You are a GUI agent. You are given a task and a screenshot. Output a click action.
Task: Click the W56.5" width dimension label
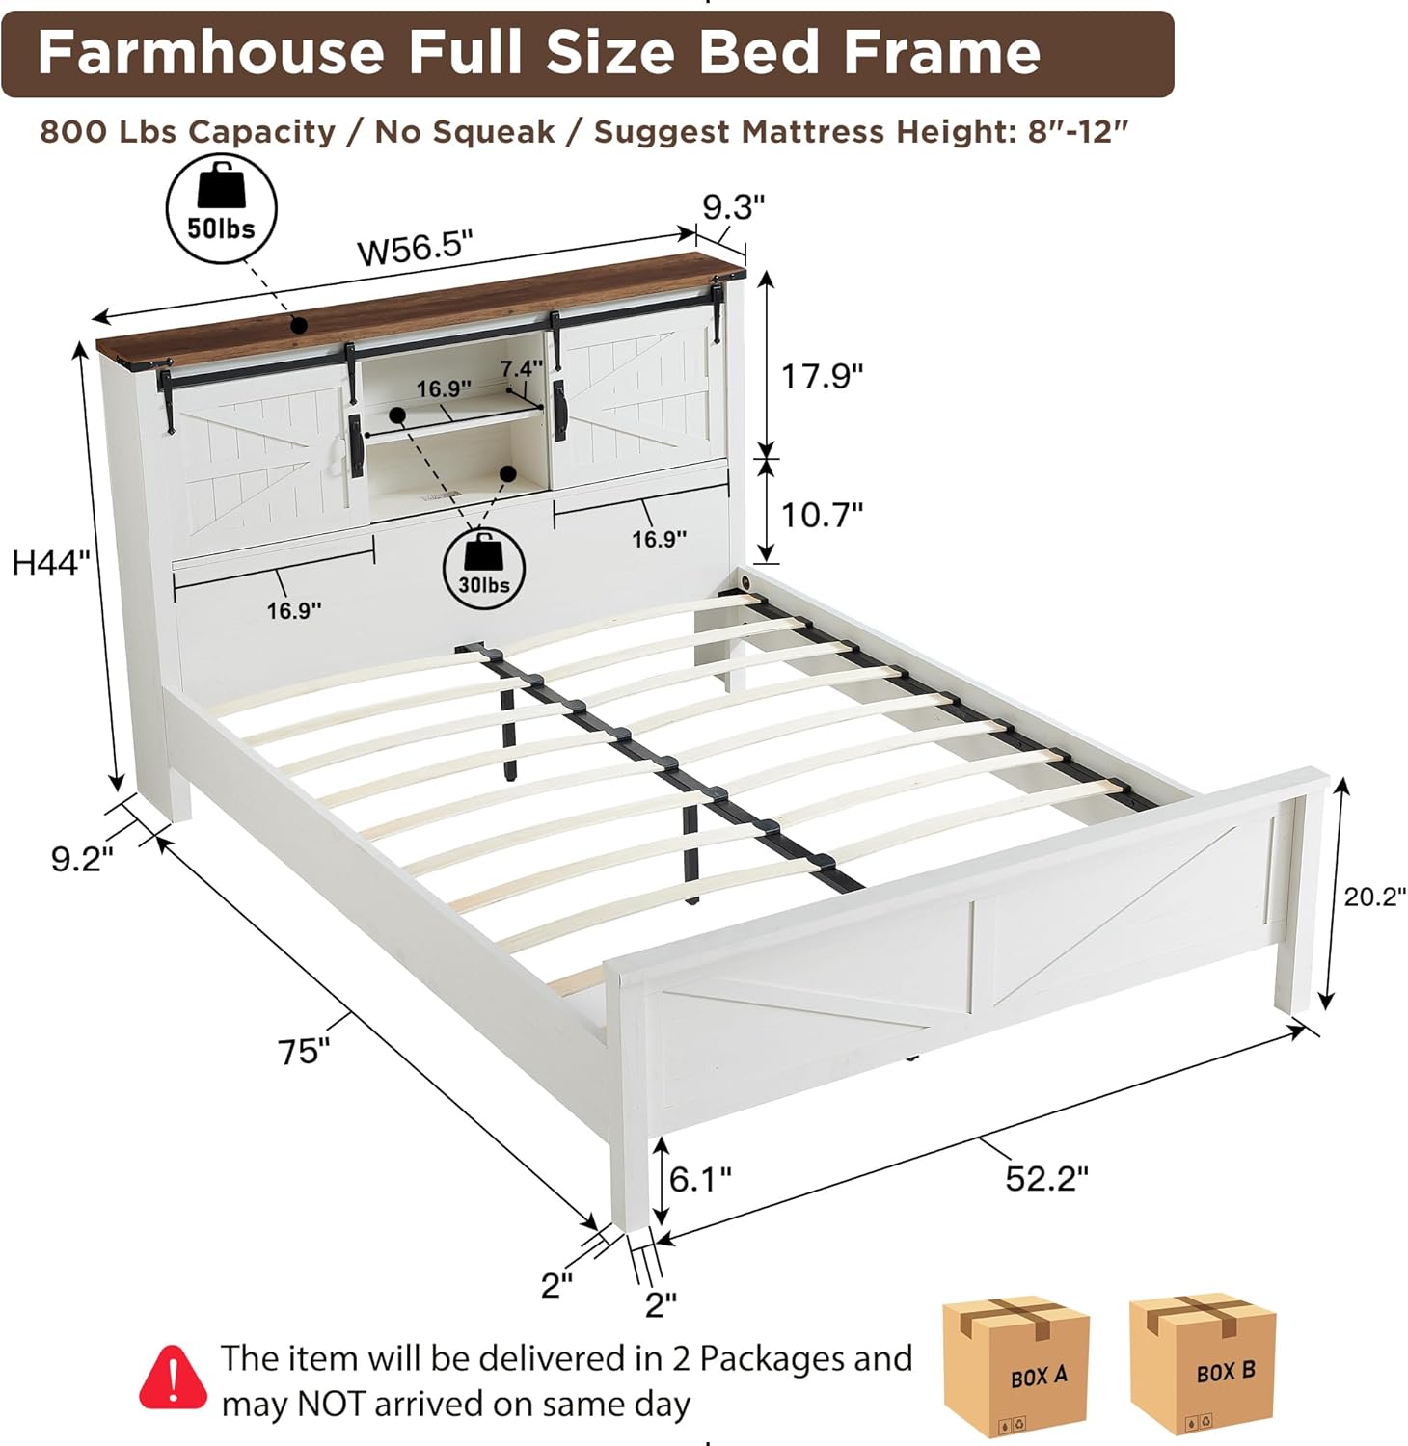tap(416, 249)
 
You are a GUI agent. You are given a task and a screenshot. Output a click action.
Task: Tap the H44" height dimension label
tap(51, 561)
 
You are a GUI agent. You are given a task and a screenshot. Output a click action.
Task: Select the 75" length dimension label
tap(304, 1051)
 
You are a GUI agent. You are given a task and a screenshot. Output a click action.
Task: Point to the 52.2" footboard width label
tap(1046, 1178)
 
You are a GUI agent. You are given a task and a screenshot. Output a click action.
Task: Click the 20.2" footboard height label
tap(1375, 897)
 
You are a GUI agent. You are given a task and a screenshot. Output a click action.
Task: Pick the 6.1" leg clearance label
tap(700, 1177)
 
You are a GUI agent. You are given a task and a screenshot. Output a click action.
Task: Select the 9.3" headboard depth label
tap(733, 206)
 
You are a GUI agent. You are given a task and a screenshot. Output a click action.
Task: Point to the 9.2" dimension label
tap(82, 858)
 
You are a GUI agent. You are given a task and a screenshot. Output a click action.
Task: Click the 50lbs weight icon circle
tap(222, 209)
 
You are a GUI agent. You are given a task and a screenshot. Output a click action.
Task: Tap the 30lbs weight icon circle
tap(483, 570)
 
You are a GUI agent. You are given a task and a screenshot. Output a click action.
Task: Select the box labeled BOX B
tap(1203, 1363)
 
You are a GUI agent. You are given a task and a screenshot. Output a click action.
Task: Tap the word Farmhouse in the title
tap(211, 52)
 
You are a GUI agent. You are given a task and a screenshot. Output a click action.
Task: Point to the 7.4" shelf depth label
tap(522, 368)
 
